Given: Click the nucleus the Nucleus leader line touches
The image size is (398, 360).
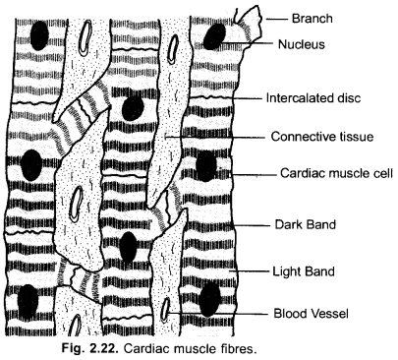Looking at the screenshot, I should (213, 36).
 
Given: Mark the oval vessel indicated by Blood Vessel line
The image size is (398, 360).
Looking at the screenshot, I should (168, 314).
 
